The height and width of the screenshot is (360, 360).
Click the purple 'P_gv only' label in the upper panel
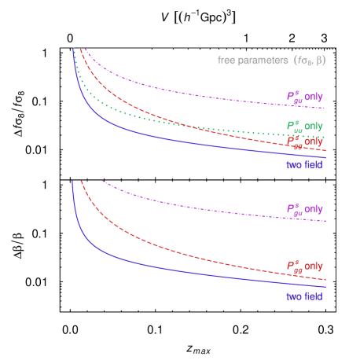coord(304,98)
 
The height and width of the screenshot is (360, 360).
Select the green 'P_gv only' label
coord(304,126)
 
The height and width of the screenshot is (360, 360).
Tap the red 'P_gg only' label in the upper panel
coord(304,141)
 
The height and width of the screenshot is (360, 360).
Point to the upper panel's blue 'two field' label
coord(304,165)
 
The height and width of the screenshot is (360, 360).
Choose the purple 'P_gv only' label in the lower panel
coord(304,209)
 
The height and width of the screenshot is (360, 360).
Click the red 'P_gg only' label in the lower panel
coord(304,266)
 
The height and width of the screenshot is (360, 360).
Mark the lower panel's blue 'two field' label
coord(304,296)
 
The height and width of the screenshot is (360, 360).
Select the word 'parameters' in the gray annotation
coord(263,61)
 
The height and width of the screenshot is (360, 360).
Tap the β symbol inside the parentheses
coord(319,61)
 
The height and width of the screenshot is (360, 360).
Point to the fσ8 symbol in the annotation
coord(303,61)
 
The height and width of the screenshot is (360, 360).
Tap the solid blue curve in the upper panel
coord(157,133)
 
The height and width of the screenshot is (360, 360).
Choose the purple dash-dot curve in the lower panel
coord(197,204)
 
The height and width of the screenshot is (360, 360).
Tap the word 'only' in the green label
coord(314,126)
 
